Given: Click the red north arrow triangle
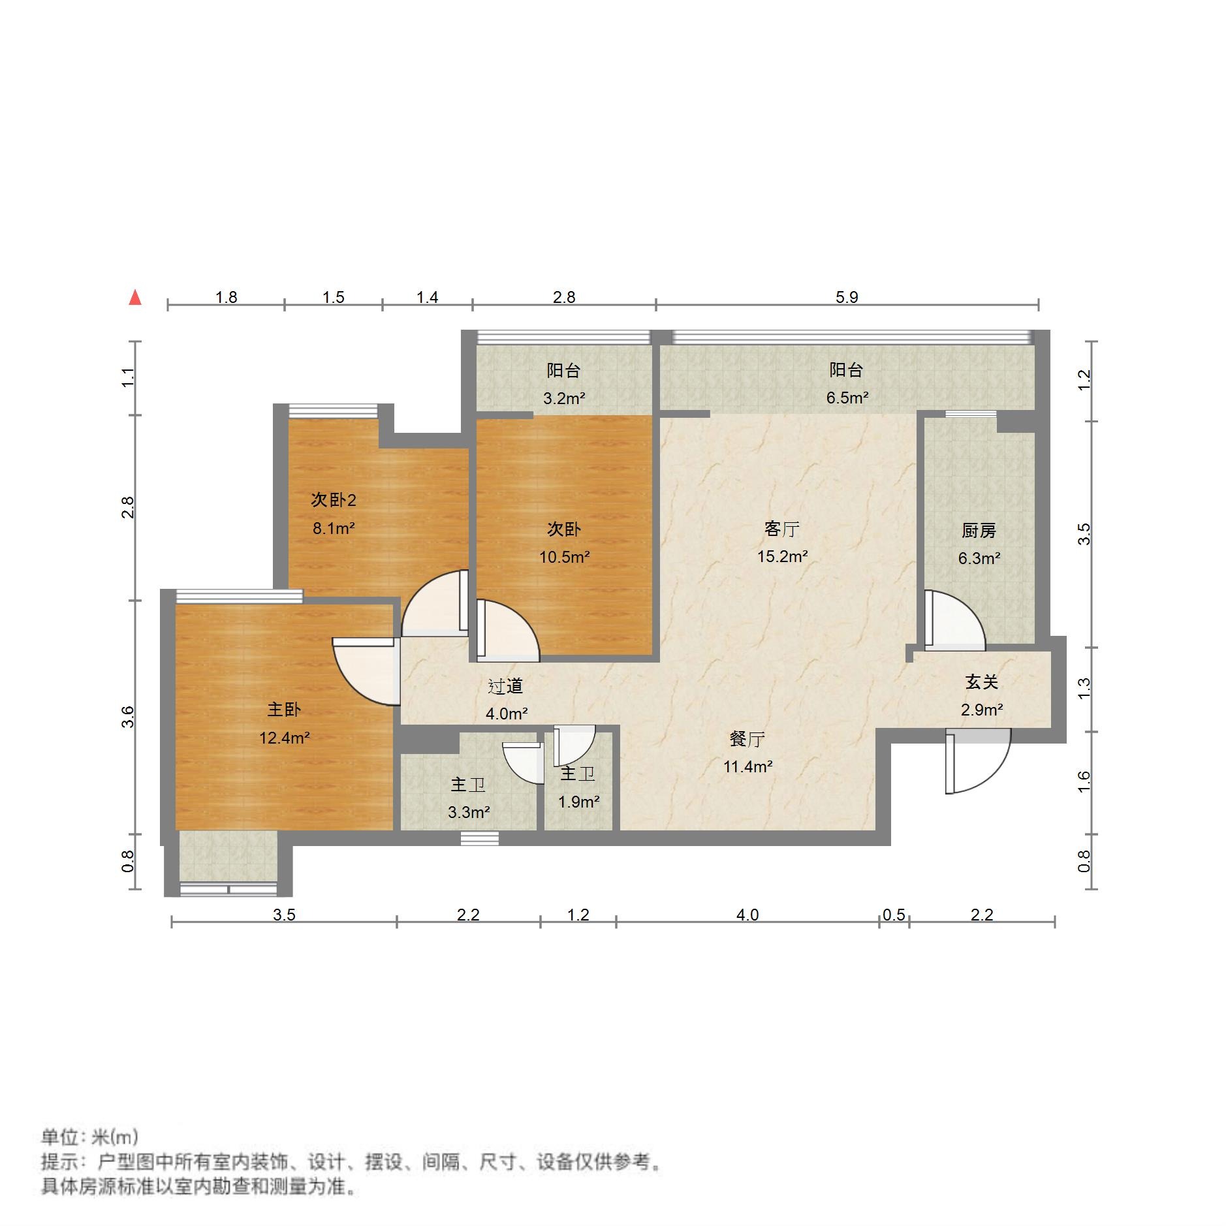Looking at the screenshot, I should point(135,298).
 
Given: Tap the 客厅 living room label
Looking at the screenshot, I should point(781,529).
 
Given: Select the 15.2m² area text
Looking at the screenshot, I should point(782,556).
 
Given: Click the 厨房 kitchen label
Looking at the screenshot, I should point(979,531).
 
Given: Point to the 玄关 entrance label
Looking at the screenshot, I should point(981,682).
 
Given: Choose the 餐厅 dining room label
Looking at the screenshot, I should point(747,739).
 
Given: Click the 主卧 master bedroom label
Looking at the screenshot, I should point(284,710).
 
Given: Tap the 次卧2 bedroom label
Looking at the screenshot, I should point(333,500).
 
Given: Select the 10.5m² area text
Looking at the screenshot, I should point(564,557).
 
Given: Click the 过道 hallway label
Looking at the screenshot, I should point(506,686).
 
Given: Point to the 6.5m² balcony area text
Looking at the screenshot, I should point(847,398).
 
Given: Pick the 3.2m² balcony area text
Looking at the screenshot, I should point(564,398).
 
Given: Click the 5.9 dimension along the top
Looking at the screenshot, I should point(847,298).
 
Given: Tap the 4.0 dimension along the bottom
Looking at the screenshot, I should point(747,915).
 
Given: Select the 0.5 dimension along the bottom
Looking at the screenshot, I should point(894,915).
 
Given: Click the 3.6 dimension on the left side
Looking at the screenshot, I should point(129,717).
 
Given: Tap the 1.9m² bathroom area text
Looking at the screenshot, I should point(578,802).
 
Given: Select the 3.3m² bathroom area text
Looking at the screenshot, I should point(469,812).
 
